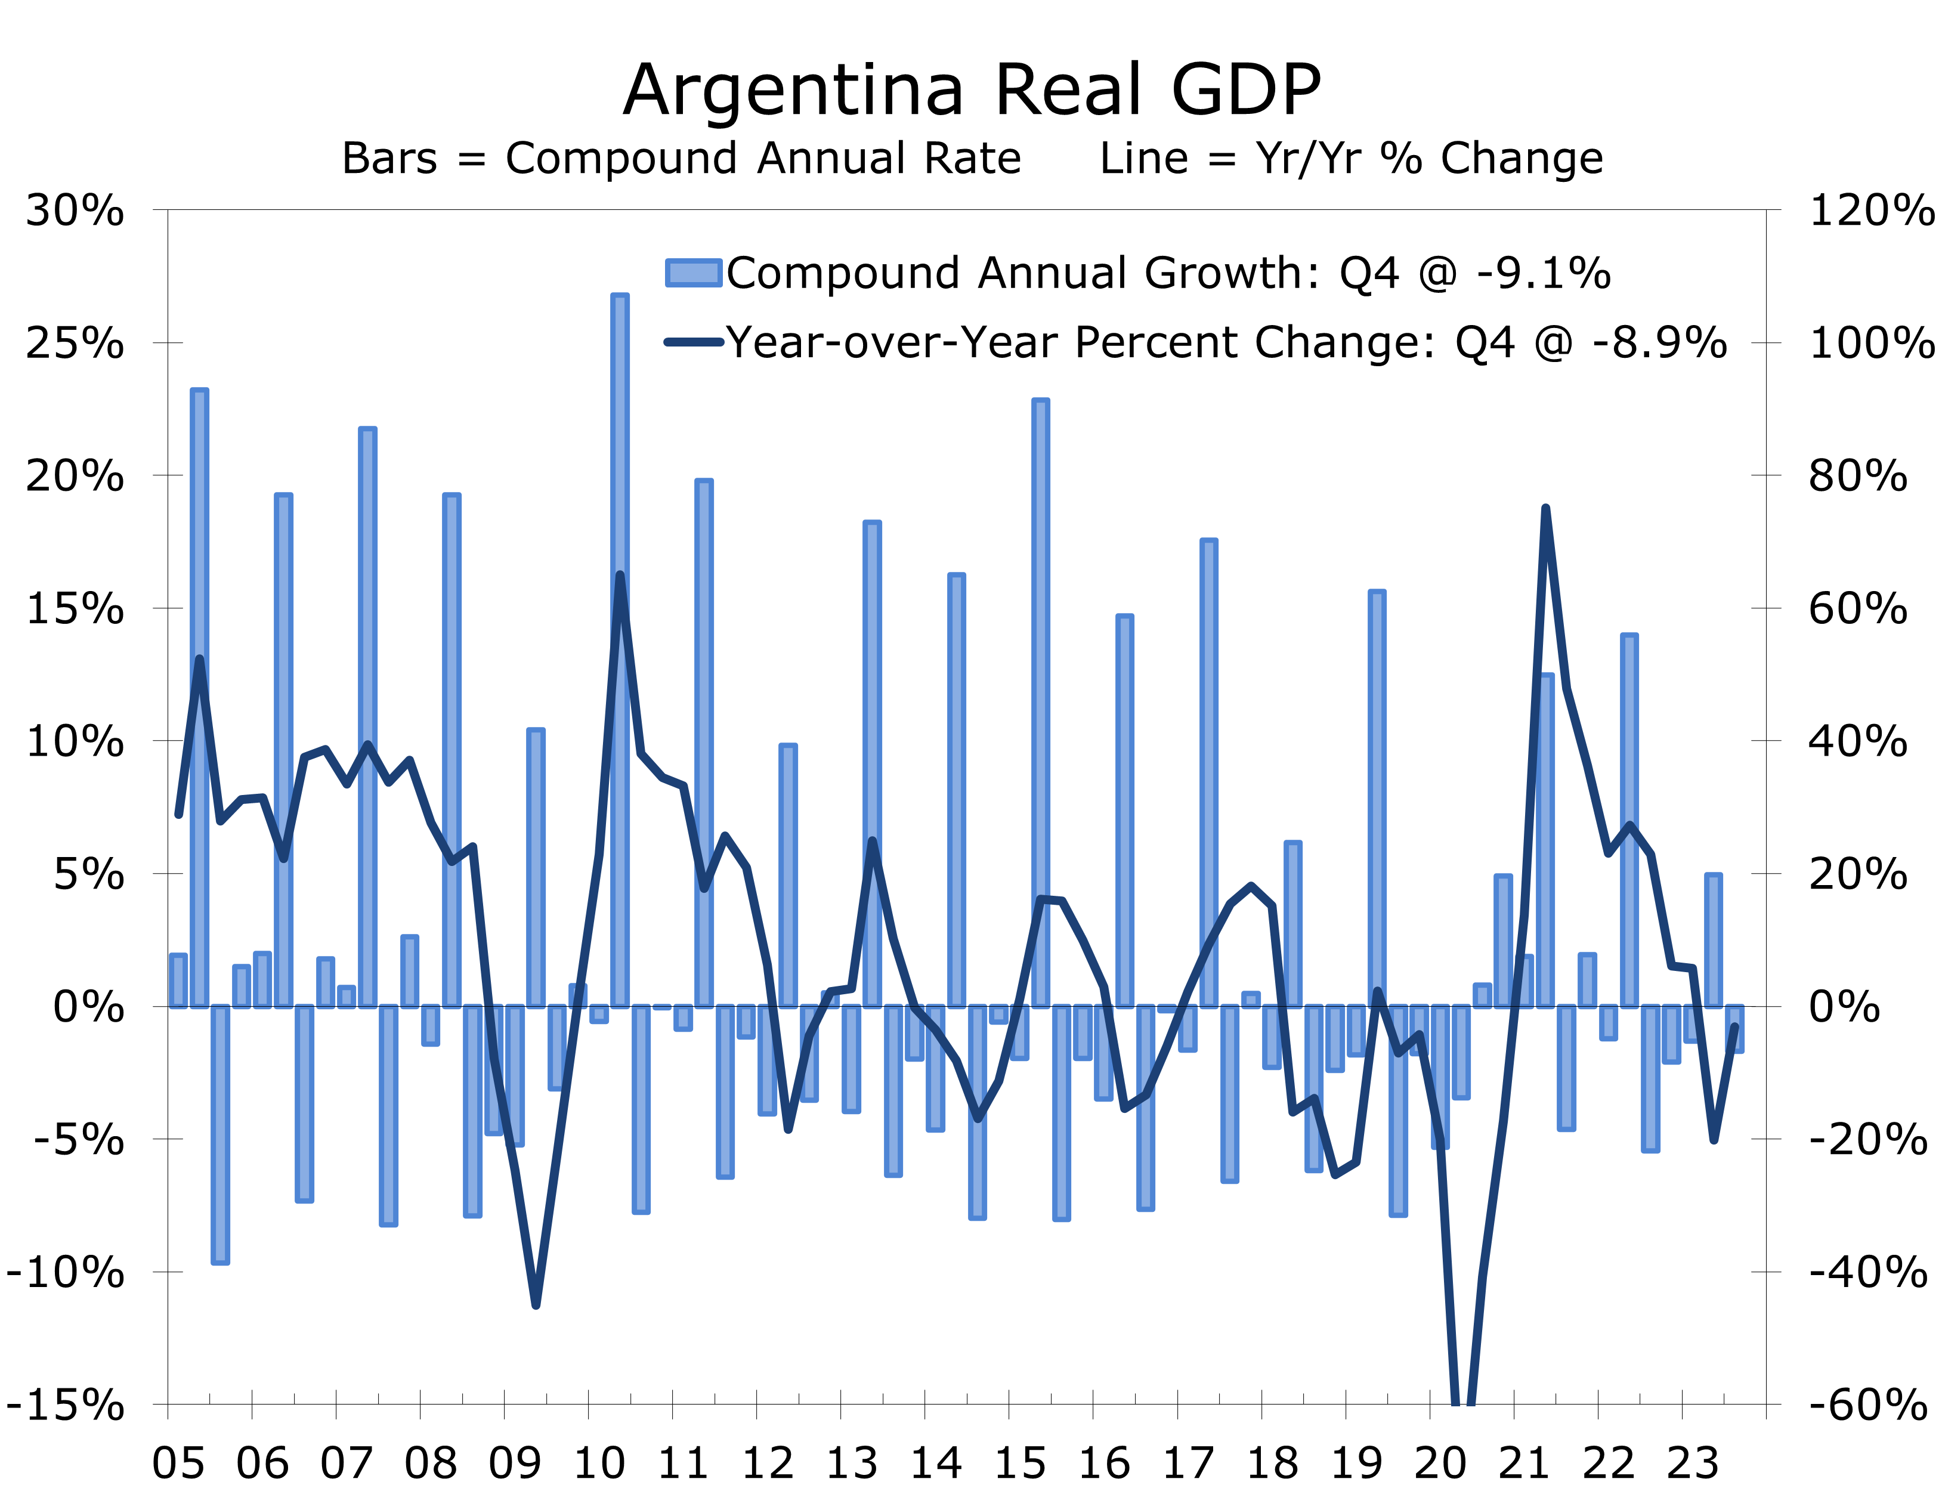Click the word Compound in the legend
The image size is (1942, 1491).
tap(842, 273)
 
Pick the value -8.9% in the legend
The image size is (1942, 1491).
tap(1660, 342)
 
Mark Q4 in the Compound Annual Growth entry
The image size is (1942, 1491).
tap(1369, 273)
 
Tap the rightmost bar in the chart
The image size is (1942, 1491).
tap(1735, 1029)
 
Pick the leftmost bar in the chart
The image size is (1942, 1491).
tap(178, 980)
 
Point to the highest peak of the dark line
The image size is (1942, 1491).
tap(1545, 509)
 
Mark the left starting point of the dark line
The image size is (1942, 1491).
tap(178, 815)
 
